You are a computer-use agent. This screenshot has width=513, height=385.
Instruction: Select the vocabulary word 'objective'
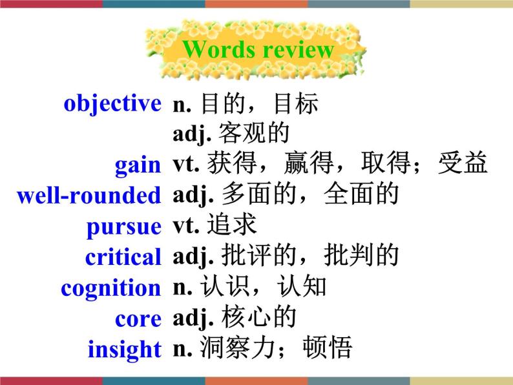coord(112,103)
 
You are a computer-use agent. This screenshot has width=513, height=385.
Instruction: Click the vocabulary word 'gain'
coord(138,165)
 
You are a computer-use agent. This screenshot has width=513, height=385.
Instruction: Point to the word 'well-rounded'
coord(89,195)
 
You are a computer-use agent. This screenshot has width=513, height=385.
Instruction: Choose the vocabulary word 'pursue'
coord(123,227)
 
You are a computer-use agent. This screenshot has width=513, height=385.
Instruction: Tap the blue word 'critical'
coord(123,257)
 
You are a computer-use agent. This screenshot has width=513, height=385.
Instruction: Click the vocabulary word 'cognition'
coord(110,288)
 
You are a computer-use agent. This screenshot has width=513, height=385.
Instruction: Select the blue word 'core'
coord(138,318)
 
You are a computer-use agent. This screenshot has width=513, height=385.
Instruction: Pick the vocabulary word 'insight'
coord(125,349)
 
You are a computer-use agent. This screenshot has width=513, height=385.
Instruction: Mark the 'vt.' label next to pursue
coord(187,225)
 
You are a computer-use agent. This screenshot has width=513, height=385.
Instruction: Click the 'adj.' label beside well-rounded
coord(193,195)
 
